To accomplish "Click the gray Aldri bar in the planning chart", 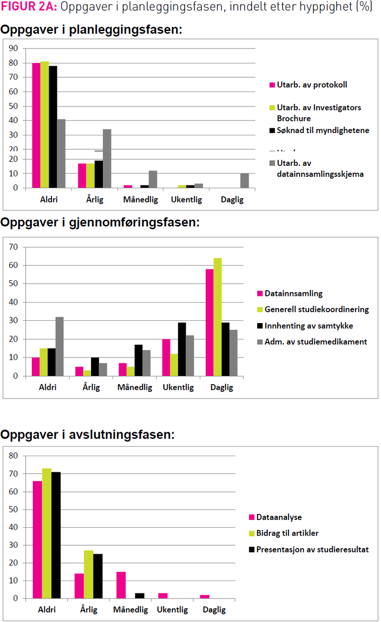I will [x=61, y=153].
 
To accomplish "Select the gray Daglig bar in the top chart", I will [x=244, y=181].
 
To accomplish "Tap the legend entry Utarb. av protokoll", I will [x=312, y=85].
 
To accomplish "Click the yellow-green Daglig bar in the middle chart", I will [x=218, y=317].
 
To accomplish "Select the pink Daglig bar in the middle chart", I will [x=210, y=323].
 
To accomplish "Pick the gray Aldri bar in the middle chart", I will [x=60, y=347].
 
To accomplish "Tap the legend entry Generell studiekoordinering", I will [x=317, y=309].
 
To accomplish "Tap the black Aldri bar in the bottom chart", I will [x=56, y=535].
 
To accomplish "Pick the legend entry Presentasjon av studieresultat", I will [x=312, y=550].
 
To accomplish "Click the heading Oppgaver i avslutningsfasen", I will [x=88, y=435].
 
